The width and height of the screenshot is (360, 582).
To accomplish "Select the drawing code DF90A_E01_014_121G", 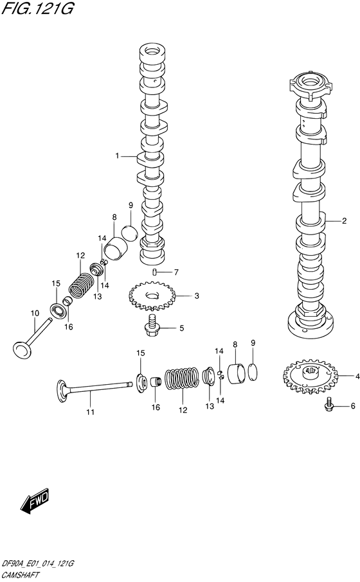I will pyautogui.click(x=39, y=563).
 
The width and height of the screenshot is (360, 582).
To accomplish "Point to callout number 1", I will pyautogui.click(x=118, y=155).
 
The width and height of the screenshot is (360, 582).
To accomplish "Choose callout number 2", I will pyautogui.click(x=344, y=222).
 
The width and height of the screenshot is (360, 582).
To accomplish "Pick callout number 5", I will pyautogui.click(x=181, y=328).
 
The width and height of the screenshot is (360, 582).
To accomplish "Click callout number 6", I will pyautogui.click(x=352, y=405).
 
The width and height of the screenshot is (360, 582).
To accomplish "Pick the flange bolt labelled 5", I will pyautogui.click(x=154, y=326).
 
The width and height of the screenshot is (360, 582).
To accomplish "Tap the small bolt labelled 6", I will pyautogui.click(x=329, y=405).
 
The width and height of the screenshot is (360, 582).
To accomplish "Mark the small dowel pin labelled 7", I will pyautogui.click(x=155, y=272).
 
